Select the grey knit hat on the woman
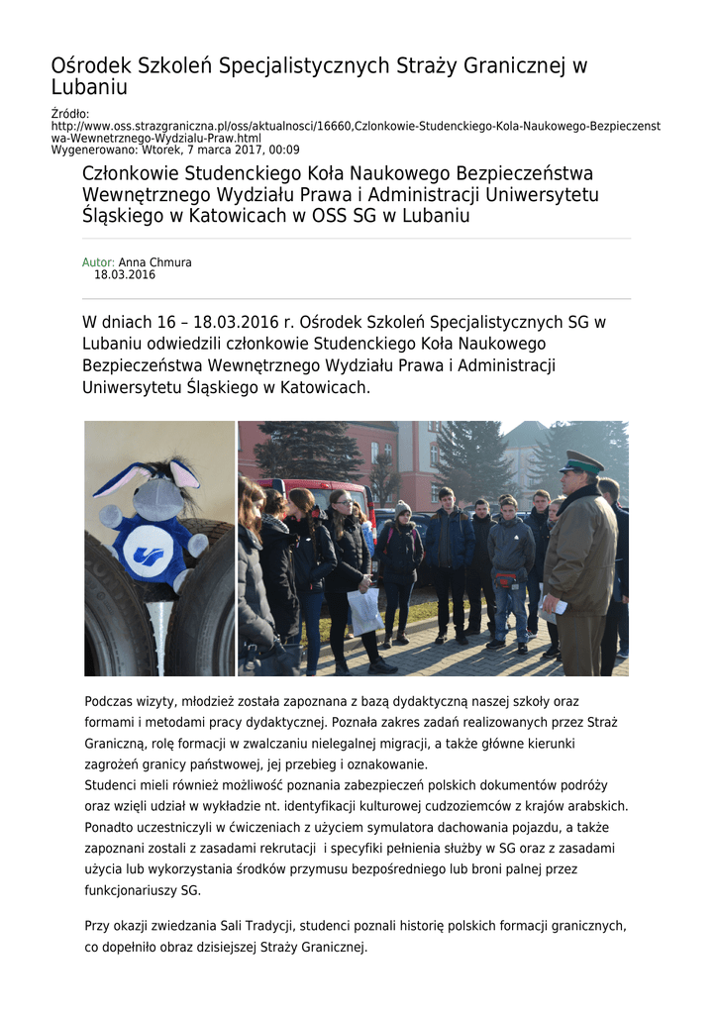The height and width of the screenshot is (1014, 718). [x=403, y=508]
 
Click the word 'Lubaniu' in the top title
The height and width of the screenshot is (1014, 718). [x=90, y=88]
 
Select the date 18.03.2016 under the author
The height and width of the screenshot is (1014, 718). [x=125, y=275]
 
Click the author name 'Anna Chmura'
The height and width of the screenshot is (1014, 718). [x=155, y=262]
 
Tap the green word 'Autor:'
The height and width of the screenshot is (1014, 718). [x=98, y=262]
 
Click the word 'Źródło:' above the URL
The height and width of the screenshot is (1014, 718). [x=69, y=114]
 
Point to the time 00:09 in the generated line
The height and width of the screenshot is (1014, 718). [x=282, y=150]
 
